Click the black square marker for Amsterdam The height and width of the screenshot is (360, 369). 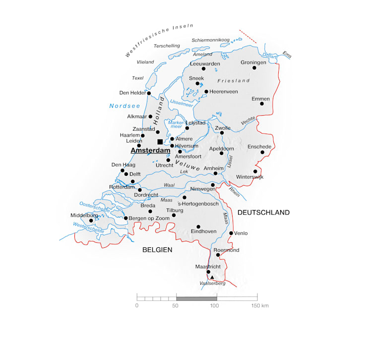[160, 142]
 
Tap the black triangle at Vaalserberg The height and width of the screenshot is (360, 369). [212, 277]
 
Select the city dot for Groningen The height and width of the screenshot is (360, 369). [254, 68]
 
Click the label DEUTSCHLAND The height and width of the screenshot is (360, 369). [263, 213]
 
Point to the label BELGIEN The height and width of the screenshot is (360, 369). [157, 250]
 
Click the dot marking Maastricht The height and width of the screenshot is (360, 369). [208, 272]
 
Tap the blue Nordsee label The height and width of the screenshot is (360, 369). [125, 106]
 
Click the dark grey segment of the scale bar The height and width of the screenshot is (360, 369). [196, 297]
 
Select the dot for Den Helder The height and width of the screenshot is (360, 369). [149, 93]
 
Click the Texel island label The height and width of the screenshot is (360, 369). [137, 78]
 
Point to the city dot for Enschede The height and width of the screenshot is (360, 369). [262, 152]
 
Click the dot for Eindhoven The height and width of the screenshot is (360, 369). [198, 226]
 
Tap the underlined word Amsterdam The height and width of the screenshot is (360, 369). [150, 150]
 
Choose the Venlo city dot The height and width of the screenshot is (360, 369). [231, 233]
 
